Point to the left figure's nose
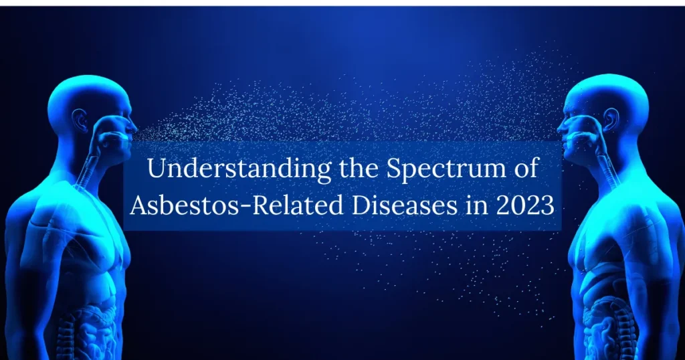tap(135, 124)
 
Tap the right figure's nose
tap(560, 124)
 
